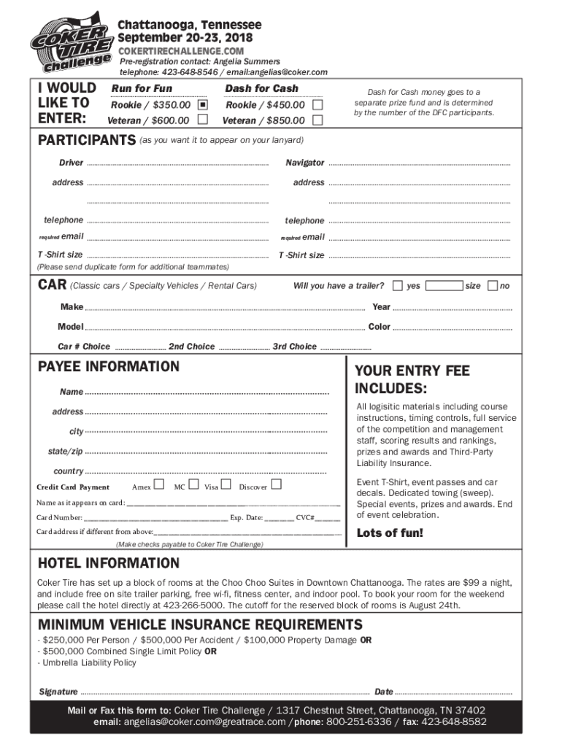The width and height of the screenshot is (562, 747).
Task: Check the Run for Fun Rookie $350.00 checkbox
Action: (x=203, y=105)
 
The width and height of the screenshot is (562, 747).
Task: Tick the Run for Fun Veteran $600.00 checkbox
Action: (x=202, y=120)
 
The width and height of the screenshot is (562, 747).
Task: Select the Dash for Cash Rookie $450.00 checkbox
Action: (x=317, y=105)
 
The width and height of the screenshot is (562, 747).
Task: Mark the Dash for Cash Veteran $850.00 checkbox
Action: (x=317, y=120)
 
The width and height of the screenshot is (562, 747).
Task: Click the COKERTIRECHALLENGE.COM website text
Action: (x=181, y=51)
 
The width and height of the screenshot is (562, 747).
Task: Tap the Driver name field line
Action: (x=177, y=163)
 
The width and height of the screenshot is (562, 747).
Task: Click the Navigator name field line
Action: (x=420, y=163)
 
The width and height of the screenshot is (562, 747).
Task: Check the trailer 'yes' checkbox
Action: (x=398, y=285)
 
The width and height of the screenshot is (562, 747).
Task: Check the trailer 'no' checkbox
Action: (x=493, y=285)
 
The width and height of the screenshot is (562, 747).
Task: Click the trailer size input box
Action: (x=444, y=285)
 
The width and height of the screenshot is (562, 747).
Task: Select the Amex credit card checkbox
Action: (x=159, y=485)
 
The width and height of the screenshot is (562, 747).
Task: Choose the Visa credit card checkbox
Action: (x=226, y=485)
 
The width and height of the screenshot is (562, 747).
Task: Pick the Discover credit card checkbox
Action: (x=276, y=485)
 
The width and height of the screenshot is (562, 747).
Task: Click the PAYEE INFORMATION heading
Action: (x=108, y=366)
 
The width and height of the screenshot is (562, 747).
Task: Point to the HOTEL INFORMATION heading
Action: (x=108, y=563)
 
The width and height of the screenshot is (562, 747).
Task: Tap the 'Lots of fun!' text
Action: (x=390, y=533)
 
